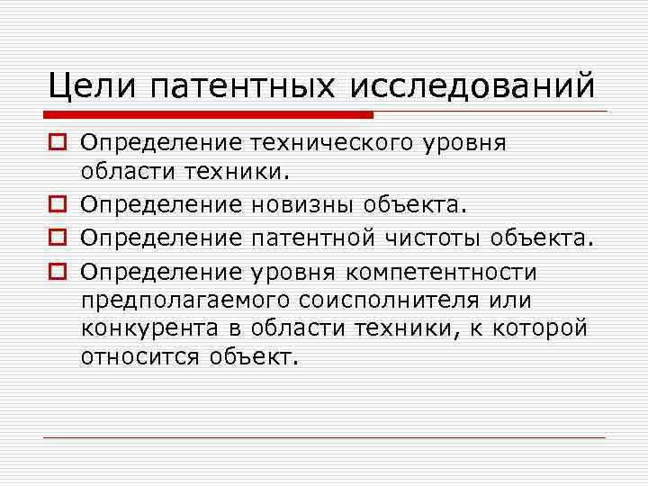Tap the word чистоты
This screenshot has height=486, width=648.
click(x=443, y=238)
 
